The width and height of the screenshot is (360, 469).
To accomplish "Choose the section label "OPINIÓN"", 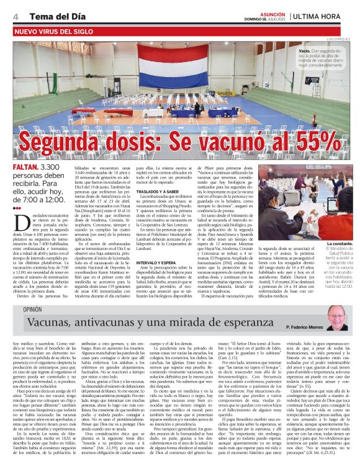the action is [32, 310].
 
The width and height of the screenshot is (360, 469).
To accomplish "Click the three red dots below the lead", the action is [17, 208].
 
